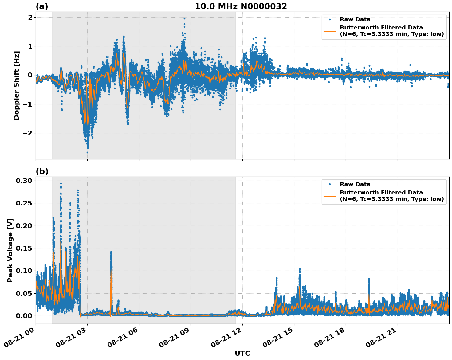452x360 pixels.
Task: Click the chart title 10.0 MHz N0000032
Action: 241,6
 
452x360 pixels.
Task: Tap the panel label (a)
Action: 42,6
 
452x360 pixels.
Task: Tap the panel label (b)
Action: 42,171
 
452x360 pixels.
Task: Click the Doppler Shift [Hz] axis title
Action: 17,85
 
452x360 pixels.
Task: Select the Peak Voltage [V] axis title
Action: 10,250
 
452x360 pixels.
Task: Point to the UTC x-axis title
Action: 242,354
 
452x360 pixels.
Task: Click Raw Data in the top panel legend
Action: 355,20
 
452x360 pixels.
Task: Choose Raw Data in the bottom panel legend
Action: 355,184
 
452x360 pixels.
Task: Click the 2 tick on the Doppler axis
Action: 30,18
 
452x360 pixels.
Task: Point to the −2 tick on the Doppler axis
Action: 28,133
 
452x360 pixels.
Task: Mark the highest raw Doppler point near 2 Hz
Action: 184,18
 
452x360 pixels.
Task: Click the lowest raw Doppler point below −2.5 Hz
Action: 87,152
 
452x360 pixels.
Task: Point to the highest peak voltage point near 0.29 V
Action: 61,184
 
